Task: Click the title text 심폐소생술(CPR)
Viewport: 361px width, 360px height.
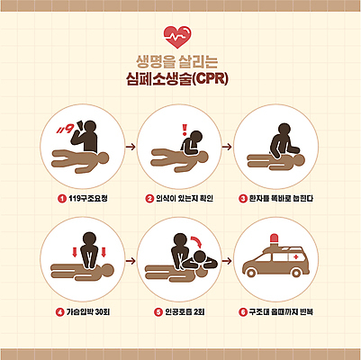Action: coord(180,79)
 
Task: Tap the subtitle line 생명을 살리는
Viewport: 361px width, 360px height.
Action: coord(180,62)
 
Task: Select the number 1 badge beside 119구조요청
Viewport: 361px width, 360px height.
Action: coord(61,198)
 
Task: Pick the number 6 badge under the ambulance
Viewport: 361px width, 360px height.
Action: coord(242,312)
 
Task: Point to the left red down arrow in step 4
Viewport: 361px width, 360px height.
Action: coord(68,246)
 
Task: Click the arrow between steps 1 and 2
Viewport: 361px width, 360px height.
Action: coord(131,146)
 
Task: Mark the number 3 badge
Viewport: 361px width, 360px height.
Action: coord(242,198)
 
